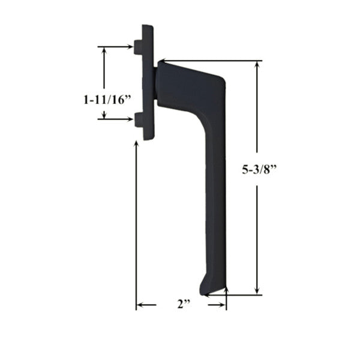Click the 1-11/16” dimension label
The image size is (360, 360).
107,100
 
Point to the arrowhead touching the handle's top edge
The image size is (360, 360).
163,61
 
